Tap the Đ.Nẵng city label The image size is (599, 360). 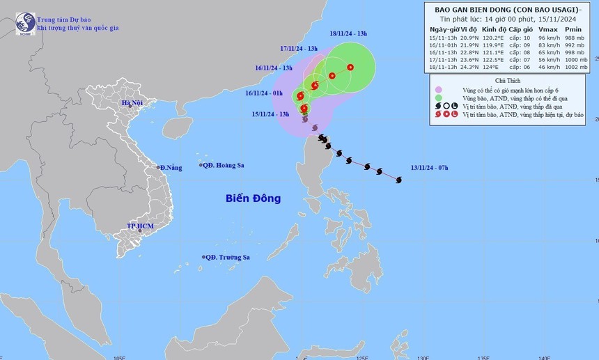pyautogui.click(x=170, y=168)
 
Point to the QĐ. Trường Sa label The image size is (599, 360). pyautogui.click(x=227, y=258)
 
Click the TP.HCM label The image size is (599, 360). pyautogui.click(x=140, y=227)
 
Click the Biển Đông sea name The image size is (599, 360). pyautogui.click(x=253, y=198)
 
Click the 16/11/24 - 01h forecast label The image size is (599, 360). pyautogui.click(x=263, y=93)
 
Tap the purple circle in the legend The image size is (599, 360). pyautogui.click(x=439, y=90)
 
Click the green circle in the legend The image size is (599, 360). pyautogui.click(x=439, y=98)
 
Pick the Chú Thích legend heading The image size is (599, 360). pyautogui.click(x=512, y=81)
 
